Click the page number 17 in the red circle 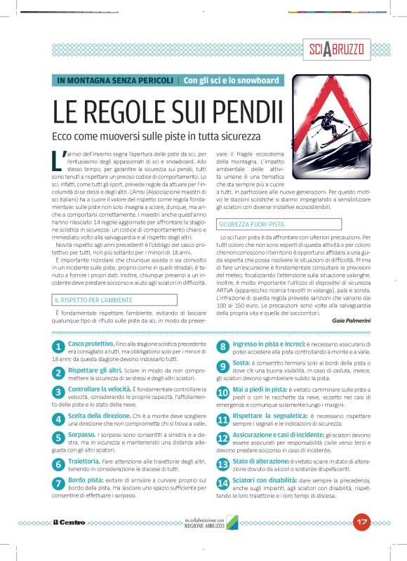coord(362,522)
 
